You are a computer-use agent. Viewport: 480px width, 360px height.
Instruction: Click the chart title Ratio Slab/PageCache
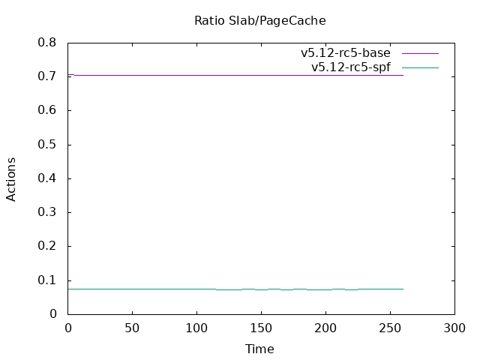(259, 21)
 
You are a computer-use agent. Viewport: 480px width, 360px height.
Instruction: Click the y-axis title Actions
(11, 178)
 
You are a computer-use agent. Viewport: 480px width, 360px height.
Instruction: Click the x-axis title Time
(259, 349)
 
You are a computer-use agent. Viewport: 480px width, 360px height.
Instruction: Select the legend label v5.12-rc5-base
(345, 53)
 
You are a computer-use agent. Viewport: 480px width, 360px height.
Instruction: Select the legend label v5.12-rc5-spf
(350, 67)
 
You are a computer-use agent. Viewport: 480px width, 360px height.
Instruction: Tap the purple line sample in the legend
(420, 54)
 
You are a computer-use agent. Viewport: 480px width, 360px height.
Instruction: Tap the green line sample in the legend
(420, 67)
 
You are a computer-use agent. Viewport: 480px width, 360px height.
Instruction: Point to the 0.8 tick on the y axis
(48, 43)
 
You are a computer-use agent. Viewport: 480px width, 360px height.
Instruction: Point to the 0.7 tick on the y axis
(48, 76)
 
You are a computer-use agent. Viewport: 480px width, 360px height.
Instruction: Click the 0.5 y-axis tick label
(48, 145)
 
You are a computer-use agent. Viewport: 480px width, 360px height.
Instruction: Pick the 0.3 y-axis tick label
(48, 212)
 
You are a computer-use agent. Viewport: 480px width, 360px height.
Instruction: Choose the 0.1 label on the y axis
(48, 280)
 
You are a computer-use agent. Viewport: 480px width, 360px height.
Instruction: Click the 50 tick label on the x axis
(132, 327)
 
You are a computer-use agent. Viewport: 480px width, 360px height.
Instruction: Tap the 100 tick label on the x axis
(196, 327)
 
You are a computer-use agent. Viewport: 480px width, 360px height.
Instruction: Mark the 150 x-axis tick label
(261, 327)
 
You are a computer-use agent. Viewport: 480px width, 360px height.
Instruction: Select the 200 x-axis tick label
(325, 327)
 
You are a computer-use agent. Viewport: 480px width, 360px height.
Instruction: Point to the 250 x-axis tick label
(390, 327)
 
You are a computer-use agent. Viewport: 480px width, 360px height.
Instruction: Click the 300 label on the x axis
(454, 327)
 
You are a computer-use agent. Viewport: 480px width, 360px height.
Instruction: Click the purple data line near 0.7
(225, 75)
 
